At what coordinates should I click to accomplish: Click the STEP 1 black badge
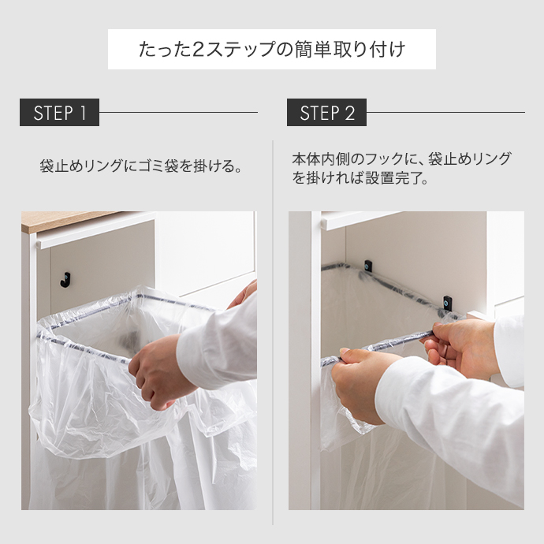coord(59,113)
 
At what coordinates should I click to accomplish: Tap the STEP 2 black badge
coord(326,113)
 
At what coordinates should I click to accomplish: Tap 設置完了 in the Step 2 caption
coord(390,178)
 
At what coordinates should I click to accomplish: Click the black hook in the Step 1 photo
coord(65,278)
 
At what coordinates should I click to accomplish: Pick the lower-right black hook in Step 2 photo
coord(448,303)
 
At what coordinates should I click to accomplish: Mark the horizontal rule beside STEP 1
coord(178,113)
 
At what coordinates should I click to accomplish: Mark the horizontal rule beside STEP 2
coord(445,113)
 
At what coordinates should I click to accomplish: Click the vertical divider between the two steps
coord(273,331)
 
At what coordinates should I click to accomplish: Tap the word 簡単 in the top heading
coord(326,50)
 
